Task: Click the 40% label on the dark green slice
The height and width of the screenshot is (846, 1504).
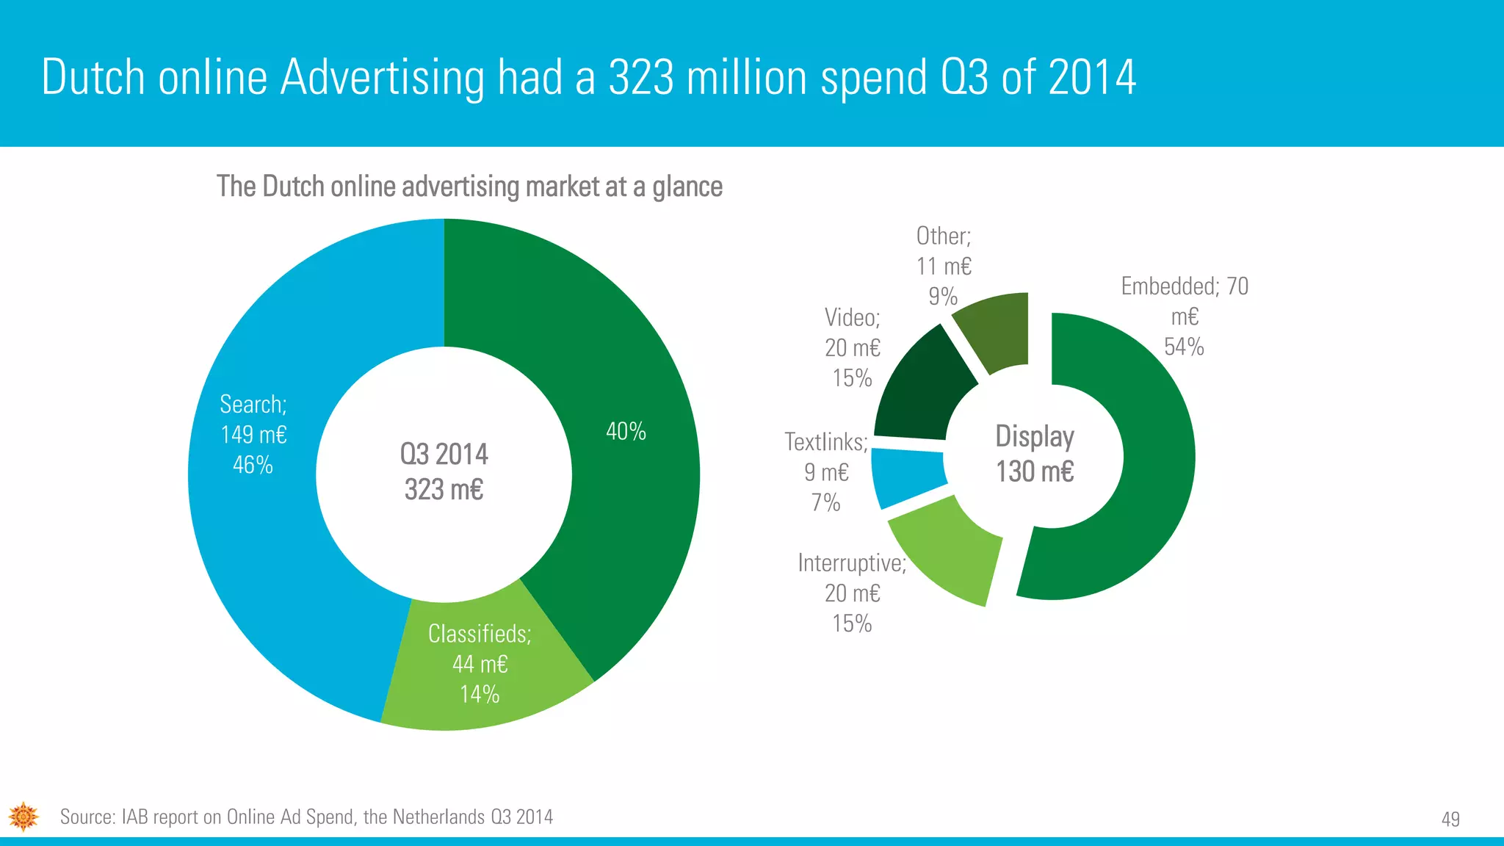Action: point(626,431)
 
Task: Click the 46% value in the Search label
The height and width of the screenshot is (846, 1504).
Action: point(253,465)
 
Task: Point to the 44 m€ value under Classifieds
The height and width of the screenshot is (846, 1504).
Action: point(480,664)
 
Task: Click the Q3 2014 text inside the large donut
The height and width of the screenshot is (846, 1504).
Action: point(444,454)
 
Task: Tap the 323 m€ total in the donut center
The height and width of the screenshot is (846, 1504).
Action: point(444,489)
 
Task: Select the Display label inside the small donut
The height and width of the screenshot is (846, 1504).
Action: point(1034,436)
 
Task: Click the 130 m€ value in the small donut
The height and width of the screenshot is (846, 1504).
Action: point(1034,471)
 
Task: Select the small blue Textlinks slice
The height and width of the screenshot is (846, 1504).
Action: point(907,477)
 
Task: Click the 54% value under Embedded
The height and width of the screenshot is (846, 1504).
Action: point(1184,347)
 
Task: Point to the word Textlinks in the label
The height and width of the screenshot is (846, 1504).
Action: point(825,442)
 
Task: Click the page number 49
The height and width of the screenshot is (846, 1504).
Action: point(1450,819)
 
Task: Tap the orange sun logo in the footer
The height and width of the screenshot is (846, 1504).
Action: point(23,816)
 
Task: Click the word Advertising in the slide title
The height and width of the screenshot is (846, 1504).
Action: point(383,77)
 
